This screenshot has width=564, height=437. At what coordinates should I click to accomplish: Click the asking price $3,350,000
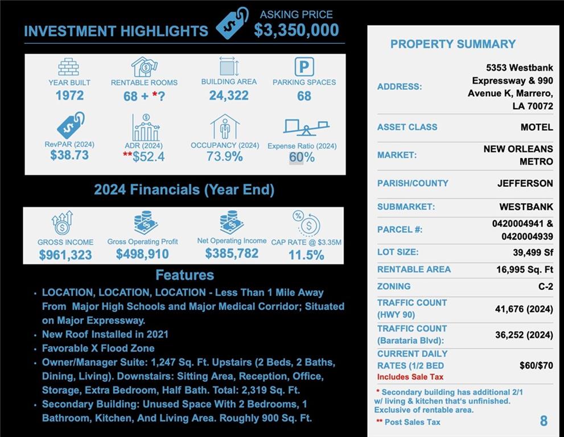pyautogui.click(x=296, y=30)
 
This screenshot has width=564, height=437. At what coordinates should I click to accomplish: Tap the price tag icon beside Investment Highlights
pyautogui.click(x=232, y=23)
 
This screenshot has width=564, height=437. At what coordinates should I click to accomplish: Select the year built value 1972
pyautogui.click(x=69, y=96)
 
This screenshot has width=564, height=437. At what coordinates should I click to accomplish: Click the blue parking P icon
pyautogui.click(x=304, y=67)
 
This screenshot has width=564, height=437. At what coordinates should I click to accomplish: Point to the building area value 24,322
pyautogui.click(x=229, y=96)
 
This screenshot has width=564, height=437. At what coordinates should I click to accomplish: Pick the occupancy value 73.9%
pyautogui.click(x=225, y=156)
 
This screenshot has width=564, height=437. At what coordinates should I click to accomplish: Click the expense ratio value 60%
pyautogui.click(x=302, y=157)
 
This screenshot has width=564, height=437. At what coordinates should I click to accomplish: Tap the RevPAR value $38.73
pyautogui.click(x=69, y=155)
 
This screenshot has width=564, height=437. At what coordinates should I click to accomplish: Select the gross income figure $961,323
pyautogui.click(x=65, y=255)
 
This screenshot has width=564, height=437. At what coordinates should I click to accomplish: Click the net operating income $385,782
pyautogui.click(x=232, y=254)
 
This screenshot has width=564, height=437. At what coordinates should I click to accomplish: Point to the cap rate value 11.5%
pyautogui.click(x=306, y=255)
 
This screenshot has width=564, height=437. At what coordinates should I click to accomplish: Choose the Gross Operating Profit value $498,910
pyautogui.click(x=142, y=254)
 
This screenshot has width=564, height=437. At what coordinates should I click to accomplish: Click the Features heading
pyautogui.click(x=184, y=275)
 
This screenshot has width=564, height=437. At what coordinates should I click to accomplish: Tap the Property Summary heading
pyautogui.click(x=453, y=44)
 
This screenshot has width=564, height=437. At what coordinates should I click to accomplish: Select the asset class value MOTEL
pyautogui.click(x=536, y=127)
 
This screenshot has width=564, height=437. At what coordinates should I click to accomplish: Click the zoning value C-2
pyautogui.click(x=545, y=287)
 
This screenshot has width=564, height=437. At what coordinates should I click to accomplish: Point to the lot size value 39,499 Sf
pyautogui.click(x=533, y=252)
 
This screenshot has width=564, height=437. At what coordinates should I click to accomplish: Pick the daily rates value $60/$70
pyautogui.click(x=536, y=365)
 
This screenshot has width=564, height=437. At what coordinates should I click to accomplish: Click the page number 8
pyautogui.click(x=544, y=421)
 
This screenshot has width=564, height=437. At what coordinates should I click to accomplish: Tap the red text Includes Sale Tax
pyautogui.click(x=410, y=377)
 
